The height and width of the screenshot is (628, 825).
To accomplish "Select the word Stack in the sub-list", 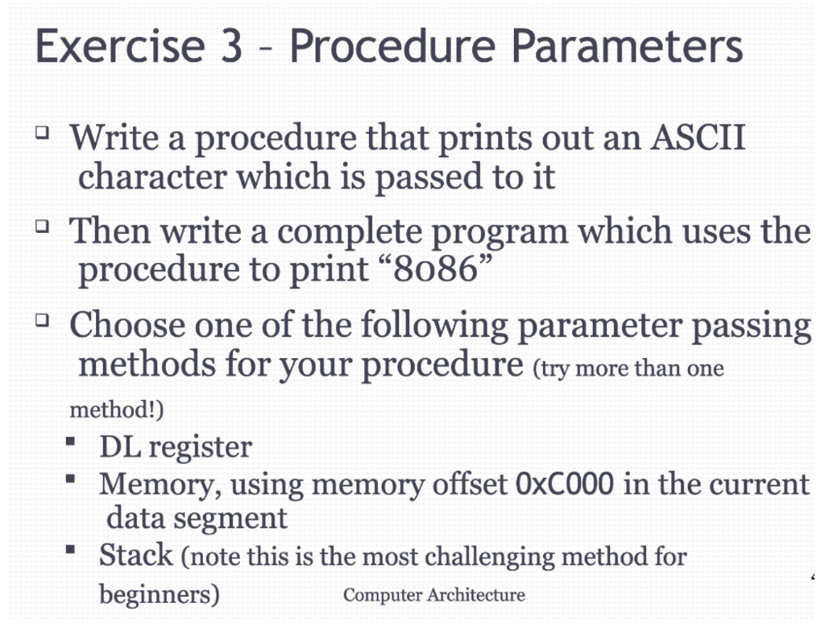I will pos(136,555).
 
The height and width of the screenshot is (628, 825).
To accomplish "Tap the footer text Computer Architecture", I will pos(434,595).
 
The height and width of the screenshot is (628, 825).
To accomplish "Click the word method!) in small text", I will pos(117,410).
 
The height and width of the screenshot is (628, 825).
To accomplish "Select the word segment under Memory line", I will pos(240,517).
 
